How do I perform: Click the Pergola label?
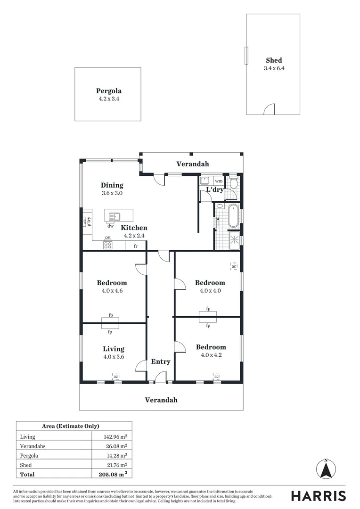tap(109, 91)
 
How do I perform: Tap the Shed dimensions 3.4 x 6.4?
tap(274, 68)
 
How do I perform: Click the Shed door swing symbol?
tap(269, 109)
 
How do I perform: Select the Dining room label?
tap(112, 185)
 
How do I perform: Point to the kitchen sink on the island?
tap(115, 217)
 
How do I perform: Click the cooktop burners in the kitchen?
tap(107, 245)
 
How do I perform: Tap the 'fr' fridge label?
tap(136, 246)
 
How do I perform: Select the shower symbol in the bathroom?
tap(234, 241)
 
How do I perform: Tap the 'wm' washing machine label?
tap(219, 181)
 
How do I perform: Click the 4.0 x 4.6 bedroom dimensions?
tap(112, 291)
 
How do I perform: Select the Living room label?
tap(114, 349)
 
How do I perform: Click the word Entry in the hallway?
tap(160, 361)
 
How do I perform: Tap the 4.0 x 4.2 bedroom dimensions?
tap(211, 355)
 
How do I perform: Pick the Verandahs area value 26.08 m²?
tap(115, 446)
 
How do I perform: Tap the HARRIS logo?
tap(318, 496)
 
